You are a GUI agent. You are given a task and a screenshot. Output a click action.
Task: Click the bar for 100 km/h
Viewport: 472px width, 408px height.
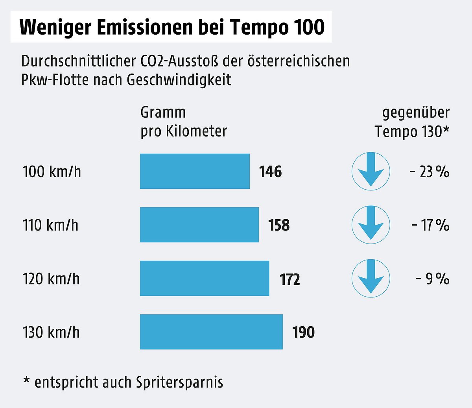[195, 171]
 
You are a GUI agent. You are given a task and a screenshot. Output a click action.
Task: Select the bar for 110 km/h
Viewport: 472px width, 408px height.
[199, 225]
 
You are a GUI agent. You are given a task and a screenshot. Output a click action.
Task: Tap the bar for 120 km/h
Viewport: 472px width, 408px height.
[205, 278]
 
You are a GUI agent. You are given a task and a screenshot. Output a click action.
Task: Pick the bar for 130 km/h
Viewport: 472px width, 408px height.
[211, 332]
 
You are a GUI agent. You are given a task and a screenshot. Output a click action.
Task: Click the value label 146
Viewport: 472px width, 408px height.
[271, 172]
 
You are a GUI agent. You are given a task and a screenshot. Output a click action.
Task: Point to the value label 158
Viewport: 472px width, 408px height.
[279, 225]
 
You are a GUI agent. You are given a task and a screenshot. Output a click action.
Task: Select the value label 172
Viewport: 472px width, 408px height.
[290, 279]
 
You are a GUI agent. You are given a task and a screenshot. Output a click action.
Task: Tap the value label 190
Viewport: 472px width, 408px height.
[304, 332]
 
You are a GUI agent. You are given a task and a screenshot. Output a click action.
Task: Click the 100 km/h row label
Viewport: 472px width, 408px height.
[52, 172]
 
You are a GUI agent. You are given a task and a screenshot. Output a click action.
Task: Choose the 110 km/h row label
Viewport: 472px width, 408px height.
[50, 225]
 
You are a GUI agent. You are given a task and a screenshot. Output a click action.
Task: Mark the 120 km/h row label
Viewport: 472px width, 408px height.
[51, 279]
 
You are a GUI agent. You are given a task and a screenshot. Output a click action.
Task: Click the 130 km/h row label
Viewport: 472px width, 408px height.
[51, 332]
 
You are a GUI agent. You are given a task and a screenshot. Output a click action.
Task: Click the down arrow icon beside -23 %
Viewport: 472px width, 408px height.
[371, 172]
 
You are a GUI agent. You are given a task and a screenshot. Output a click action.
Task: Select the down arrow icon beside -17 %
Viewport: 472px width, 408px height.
[371, 225]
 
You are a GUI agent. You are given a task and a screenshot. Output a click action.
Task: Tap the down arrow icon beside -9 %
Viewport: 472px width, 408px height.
[371, 279]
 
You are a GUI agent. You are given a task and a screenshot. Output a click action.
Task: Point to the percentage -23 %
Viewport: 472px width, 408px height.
[429, 172]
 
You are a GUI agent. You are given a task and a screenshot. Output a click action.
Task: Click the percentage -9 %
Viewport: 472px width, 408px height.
[432, 279]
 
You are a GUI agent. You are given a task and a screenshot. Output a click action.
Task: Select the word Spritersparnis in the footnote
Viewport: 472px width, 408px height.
[180, 382]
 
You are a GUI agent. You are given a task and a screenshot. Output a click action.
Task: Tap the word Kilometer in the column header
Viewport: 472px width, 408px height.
[197, 131]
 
